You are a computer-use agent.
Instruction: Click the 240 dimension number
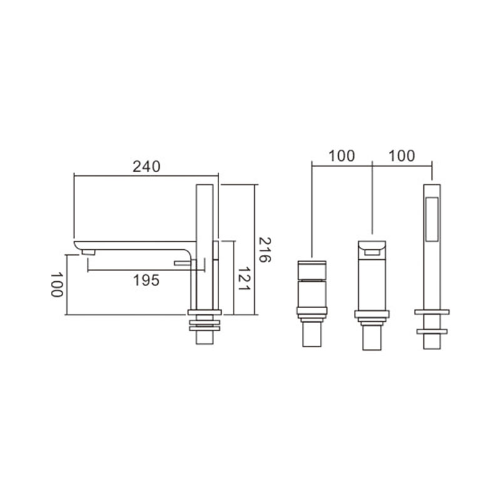(x=147, y=167)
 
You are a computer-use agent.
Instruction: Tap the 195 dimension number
(x=146, y=281)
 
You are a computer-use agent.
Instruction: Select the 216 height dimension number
(x=264, y=250)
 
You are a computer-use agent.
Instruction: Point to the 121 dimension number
(x=244, y=279)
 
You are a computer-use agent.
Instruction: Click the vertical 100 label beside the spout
(x=57, y=285)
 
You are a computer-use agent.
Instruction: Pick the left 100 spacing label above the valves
(x=341, y=156)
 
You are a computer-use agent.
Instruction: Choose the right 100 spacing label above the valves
(x=401, y=156)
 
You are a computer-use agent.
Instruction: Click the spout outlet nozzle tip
(x=88, y=252)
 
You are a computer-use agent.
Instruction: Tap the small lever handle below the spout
(x=183, y=263)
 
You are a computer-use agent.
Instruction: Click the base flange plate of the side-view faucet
(x=205, y=312)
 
